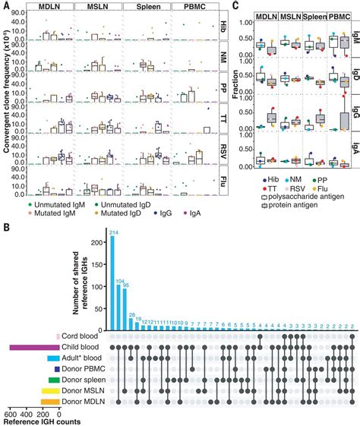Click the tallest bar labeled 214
click(112, 282)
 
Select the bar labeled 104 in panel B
click(119, 305)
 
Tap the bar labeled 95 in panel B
click(126, 307)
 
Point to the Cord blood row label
click(82, 336)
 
